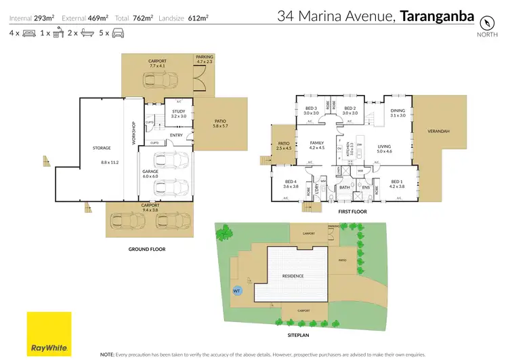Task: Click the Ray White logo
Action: click(49, 333)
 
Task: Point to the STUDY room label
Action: click(179, 111)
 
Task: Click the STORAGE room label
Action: click(102, 147)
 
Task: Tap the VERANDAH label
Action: click(440, 131)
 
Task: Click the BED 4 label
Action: click(291, 181)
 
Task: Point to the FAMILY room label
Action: click(317, 142)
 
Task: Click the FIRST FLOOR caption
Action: click(354, 212)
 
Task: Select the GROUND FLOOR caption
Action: click(147, 249)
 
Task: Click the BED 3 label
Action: click(311, 108)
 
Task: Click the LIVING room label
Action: click(385, 146)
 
